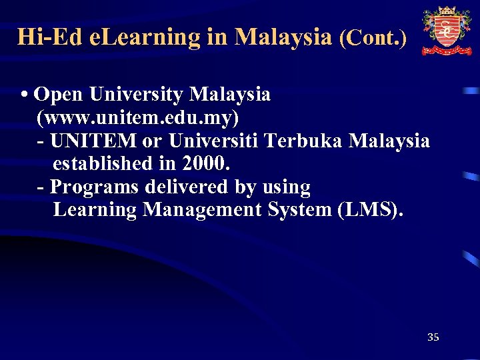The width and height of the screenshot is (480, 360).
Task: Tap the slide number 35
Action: click(433, 337)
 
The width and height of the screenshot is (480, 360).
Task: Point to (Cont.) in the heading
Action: click(373, 37)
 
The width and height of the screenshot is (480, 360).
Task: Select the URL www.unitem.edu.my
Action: click(138, 118)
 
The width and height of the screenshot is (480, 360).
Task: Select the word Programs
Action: click(94, 187)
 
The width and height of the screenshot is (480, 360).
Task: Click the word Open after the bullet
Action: click(57, 95)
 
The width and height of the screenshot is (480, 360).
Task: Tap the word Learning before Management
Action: click(95, 210)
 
